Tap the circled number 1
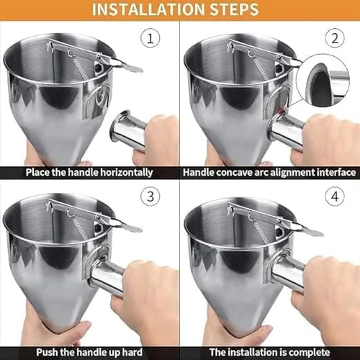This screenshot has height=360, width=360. click(x=150, y=38)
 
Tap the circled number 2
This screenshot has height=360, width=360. click(x=335, y=38)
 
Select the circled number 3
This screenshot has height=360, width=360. click(x=150, y=197)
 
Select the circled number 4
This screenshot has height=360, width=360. click(x=335, y=197)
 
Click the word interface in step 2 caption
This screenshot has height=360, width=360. click(x=336, y=173)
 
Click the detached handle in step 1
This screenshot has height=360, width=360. click(x=127, y=129)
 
